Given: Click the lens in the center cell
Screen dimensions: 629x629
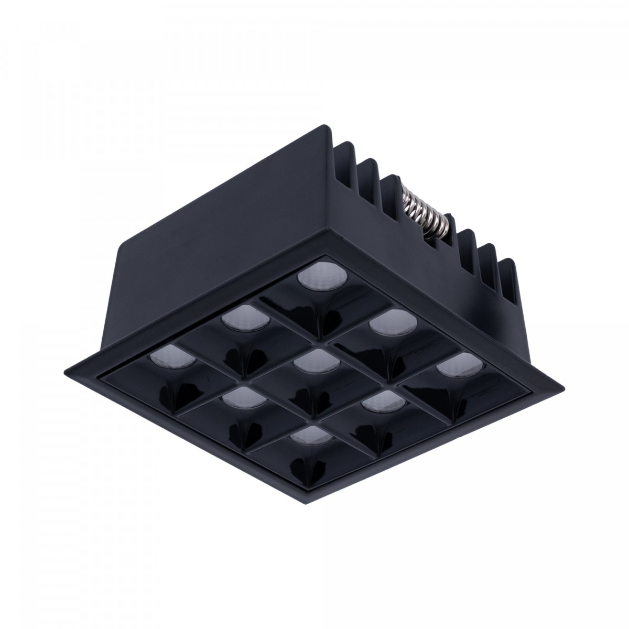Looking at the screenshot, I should (x=308, y=361).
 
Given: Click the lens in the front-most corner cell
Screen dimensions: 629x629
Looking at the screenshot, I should (x=307, y=434).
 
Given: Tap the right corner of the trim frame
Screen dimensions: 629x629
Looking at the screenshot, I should (x=564, y=388).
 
